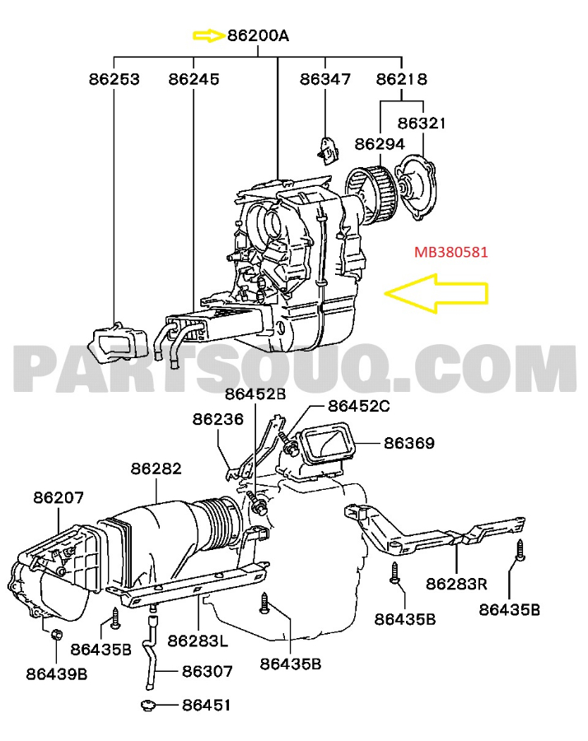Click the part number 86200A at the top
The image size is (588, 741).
259,35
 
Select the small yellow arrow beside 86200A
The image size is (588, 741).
208,35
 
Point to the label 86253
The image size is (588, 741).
114,80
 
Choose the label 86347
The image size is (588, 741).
324,80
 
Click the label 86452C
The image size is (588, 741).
358,405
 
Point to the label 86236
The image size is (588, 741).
218,419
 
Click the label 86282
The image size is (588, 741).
156,468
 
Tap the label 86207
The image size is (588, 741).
58,497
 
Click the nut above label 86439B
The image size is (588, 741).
58,634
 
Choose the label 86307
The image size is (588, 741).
207,672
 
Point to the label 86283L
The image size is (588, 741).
198,640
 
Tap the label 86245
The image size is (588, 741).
194,80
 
